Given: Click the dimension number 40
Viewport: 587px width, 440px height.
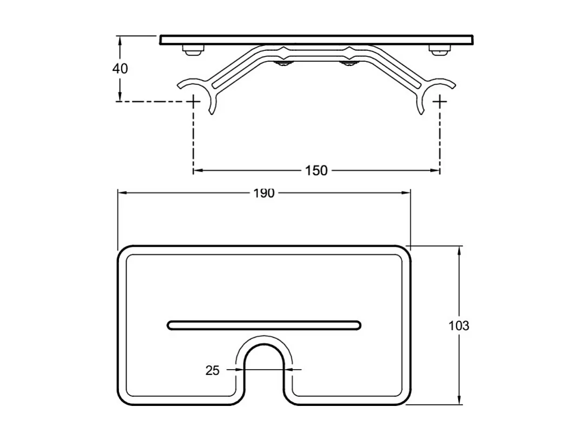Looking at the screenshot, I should point(120,69).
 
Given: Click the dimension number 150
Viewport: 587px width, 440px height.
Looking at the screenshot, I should point(316,170).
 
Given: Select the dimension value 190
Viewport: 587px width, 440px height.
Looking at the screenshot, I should point(264,193).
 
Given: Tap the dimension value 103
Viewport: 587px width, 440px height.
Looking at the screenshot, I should point(459,326).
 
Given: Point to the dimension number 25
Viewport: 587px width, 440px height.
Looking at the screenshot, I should point(213,370).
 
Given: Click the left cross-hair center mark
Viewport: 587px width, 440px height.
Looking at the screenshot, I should point(194,101).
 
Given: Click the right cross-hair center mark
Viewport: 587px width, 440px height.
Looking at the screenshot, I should point(440,101).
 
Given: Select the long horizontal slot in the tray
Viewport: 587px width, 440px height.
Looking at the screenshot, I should point(264,325).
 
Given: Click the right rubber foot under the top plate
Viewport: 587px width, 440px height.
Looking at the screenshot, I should point(439,50).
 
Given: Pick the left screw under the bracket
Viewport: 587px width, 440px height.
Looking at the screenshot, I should point(283,65).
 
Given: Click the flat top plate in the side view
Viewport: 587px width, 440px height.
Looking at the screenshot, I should point(316,40).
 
